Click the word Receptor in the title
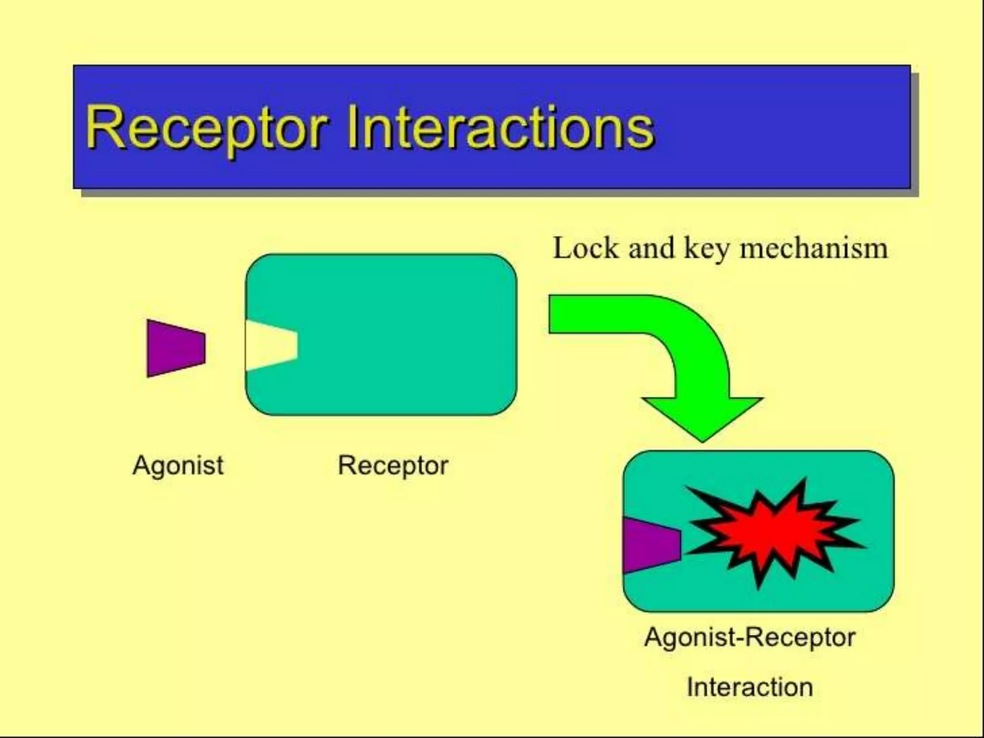[x=207, y=128]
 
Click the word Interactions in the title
[x=500, y=127]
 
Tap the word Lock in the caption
[x=586, y=248]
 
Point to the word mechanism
[x=813, y=248]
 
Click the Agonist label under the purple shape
[x=178, y=465]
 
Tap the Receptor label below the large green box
[x=393, y=465]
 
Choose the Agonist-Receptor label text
[x=750, y=637]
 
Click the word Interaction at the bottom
[x=750, y=687]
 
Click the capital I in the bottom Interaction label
[x=690, y=687]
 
